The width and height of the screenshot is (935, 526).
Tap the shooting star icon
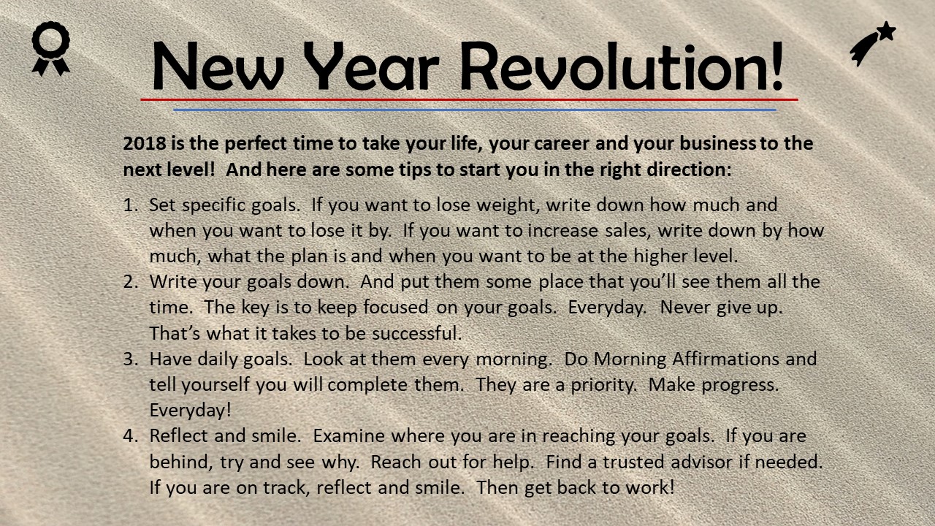[872, 43]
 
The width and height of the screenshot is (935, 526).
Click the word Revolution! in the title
[622, 66]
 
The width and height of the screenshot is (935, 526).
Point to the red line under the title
[469, 100]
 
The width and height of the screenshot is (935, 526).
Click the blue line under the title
[475, 110]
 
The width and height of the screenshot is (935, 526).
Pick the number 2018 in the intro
[145, 143]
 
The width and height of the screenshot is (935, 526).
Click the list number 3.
[130, 359]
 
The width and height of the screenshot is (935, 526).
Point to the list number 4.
[130, 436]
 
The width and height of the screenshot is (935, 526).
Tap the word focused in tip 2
[396, 308]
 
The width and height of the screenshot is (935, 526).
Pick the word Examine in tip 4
[349, 436]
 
